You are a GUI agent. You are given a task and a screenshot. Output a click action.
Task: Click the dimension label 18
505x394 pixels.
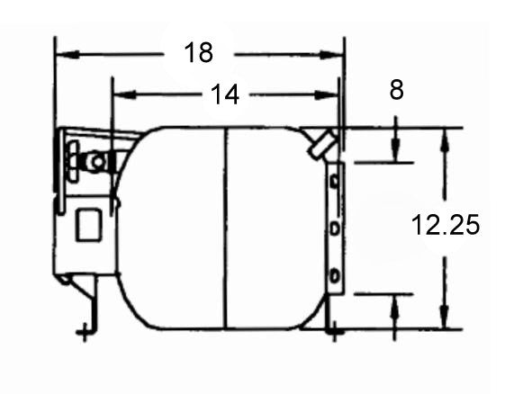click(199, 52)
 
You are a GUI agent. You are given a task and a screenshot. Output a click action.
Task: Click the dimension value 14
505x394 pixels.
click(225, 94)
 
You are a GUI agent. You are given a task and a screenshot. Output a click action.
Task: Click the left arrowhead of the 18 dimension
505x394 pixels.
click(63, 54)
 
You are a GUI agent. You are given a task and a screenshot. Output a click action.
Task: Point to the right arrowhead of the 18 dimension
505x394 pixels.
click(338, 54)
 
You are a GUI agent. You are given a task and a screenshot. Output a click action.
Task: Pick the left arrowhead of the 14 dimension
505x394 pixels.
click(119, 94)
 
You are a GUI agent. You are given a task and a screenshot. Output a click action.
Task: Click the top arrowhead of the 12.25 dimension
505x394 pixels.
click(443, 136)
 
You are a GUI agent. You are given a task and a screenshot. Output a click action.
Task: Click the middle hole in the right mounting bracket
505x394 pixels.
click(334, 229)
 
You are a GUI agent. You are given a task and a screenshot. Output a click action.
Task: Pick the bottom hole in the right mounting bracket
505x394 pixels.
click(334, 274)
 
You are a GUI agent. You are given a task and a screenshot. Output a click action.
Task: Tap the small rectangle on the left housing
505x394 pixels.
click(88, 224)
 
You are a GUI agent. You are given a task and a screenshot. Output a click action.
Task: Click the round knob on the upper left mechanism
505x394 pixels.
click(93, 161)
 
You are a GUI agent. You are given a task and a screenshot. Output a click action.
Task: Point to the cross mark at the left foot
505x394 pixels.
click(84, 334)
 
